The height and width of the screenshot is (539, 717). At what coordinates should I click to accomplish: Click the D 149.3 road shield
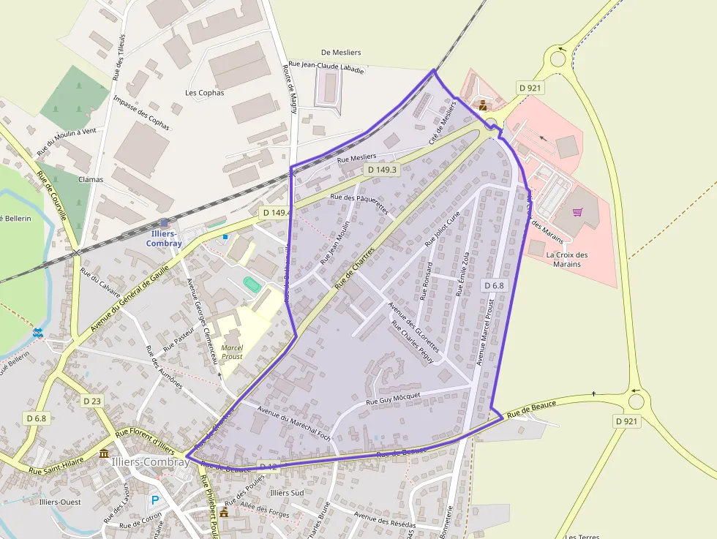382,170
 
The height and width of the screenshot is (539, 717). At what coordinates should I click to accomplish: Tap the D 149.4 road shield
277,213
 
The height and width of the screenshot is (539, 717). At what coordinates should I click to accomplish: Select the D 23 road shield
92,401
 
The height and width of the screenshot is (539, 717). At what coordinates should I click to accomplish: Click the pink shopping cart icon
578,212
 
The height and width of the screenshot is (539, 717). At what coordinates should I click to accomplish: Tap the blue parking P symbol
154,500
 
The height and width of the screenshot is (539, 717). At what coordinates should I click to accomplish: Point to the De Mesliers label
341,53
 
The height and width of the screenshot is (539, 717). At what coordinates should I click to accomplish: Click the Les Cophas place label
205,93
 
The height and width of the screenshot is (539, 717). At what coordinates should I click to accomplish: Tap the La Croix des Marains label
567,259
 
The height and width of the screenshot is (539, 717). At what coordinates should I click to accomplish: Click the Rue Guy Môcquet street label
394,399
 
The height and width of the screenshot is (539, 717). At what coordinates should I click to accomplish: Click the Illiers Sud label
287,493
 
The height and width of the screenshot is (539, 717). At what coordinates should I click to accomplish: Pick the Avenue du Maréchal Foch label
294,422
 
